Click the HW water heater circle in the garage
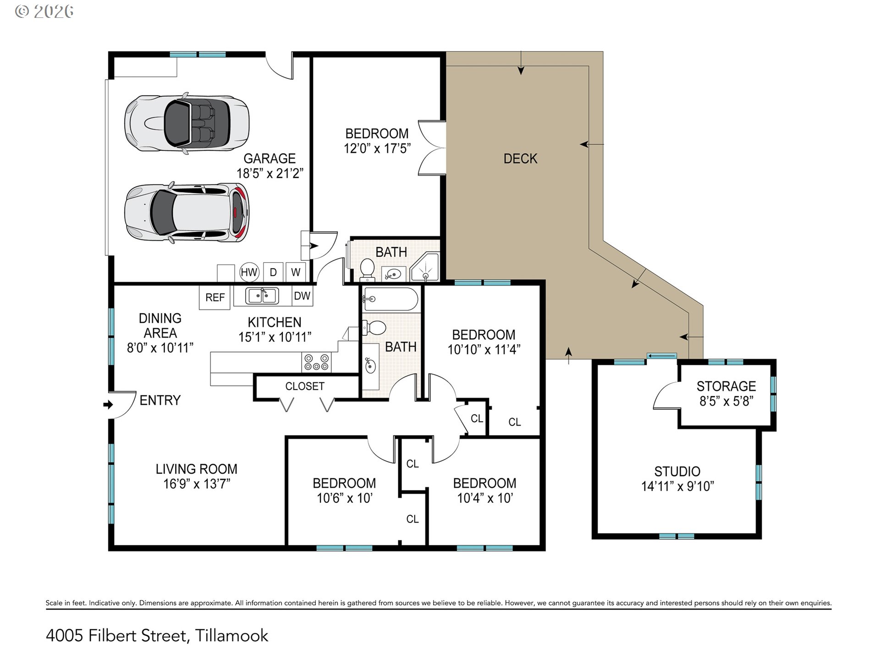point(249,272)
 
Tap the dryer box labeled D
point(273,272)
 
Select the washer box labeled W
point(296,272)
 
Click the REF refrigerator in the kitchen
point(215,297)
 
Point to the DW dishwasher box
point(302,296)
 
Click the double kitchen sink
point(262,296)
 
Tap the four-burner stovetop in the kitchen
point(316,362)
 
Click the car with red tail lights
point(187,213)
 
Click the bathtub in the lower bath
point(390,299)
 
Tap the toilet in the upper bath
point(367,270)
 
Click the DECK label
point(520,159)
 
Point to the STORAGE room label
point(726,386)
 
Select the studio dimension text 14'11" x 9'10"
point(677,486)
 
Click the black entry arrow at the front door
point(108,405)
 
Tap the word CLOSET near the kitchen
point(305,386)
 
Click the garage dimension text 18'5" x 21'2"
point(270,173)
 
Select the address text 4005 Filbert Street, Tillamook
point(157,636)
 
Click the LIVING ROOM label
point(197,469)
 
